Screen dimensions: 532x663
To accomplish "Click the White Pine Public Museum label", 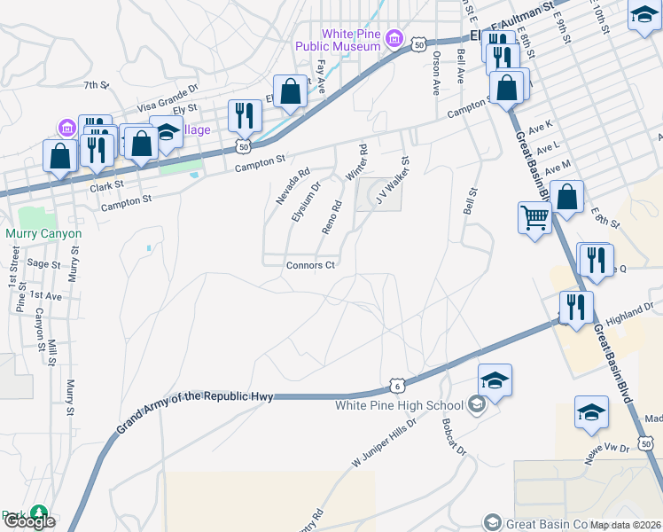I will click(350, 40).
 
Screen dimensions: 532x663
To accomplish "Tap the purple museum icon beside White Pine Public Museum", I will click(394, 40).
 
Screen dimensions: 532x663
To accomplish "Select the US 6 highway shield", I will click(396, 386).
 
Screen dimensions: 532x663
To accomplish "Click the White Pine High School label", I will click(400, 405).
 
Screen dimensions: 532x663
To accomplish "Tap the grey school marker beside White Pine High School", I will click(477, 406).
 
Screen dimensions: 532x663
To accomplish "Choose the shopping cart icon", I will click(534, 216).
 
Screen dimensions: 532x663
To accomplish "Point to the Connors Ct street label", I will click(310, 265).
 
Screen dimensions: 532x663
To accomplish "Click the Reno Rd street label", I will click(331, 217).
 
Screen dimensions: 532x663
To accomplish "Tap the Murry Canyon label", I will click(43, 234).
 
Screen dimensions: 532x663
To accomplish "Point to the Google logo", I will click(29, 521).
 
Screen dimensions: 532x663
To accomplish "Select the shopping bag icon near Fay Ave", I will click(290, 90).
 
